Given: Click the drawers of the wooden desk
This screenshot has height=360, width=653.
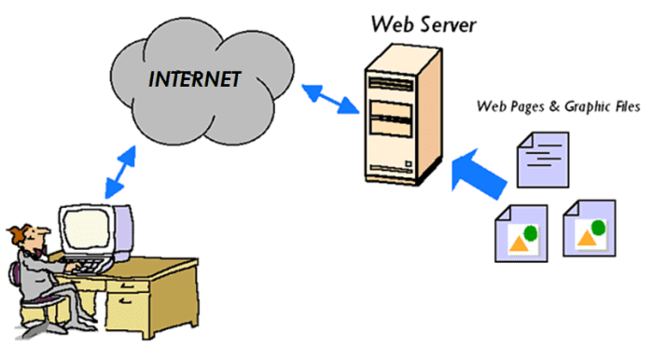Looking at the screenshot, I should click(x=177, y=298).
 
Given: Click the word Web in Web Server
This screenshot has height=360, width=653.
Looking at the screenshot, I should click(x=393, y=21).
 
